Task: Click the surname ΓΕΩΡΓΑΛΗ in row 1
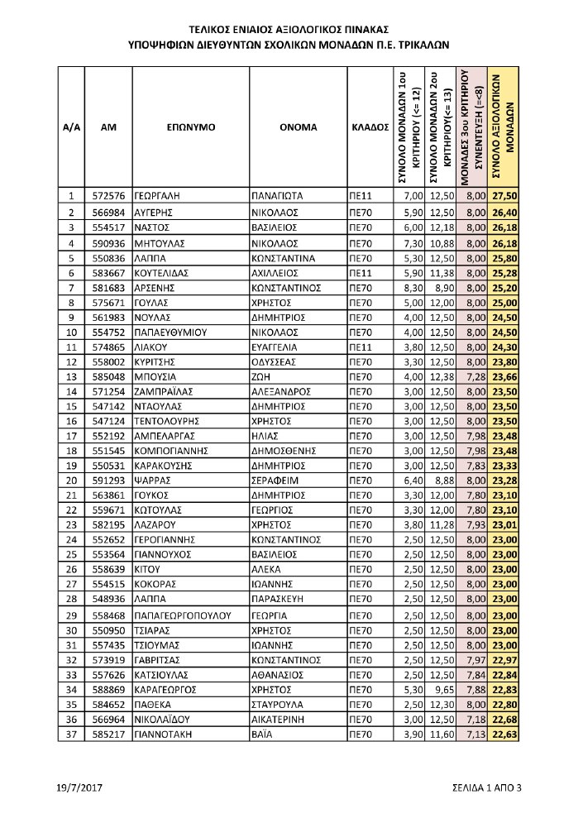click(x=156, y=196)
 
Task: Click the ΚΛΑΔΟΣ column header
click(x=370, y=129)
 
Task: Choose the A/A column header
click(x=71, y=129)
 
